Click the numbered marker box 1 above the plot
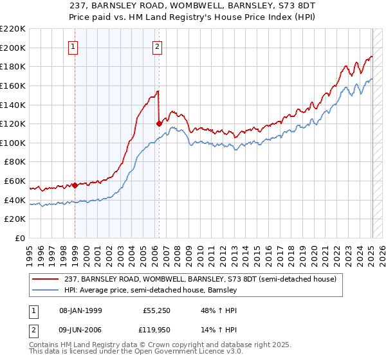(x=74, y=46)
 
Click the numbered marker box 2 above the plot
(x=158, y=46)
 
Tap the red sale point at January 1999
(x=75, y=185)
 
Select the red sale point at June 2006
(x=159, y=123)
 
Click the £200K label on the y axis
(x=14, y=48)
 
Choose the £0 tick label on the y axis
(x=20, y=238)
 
